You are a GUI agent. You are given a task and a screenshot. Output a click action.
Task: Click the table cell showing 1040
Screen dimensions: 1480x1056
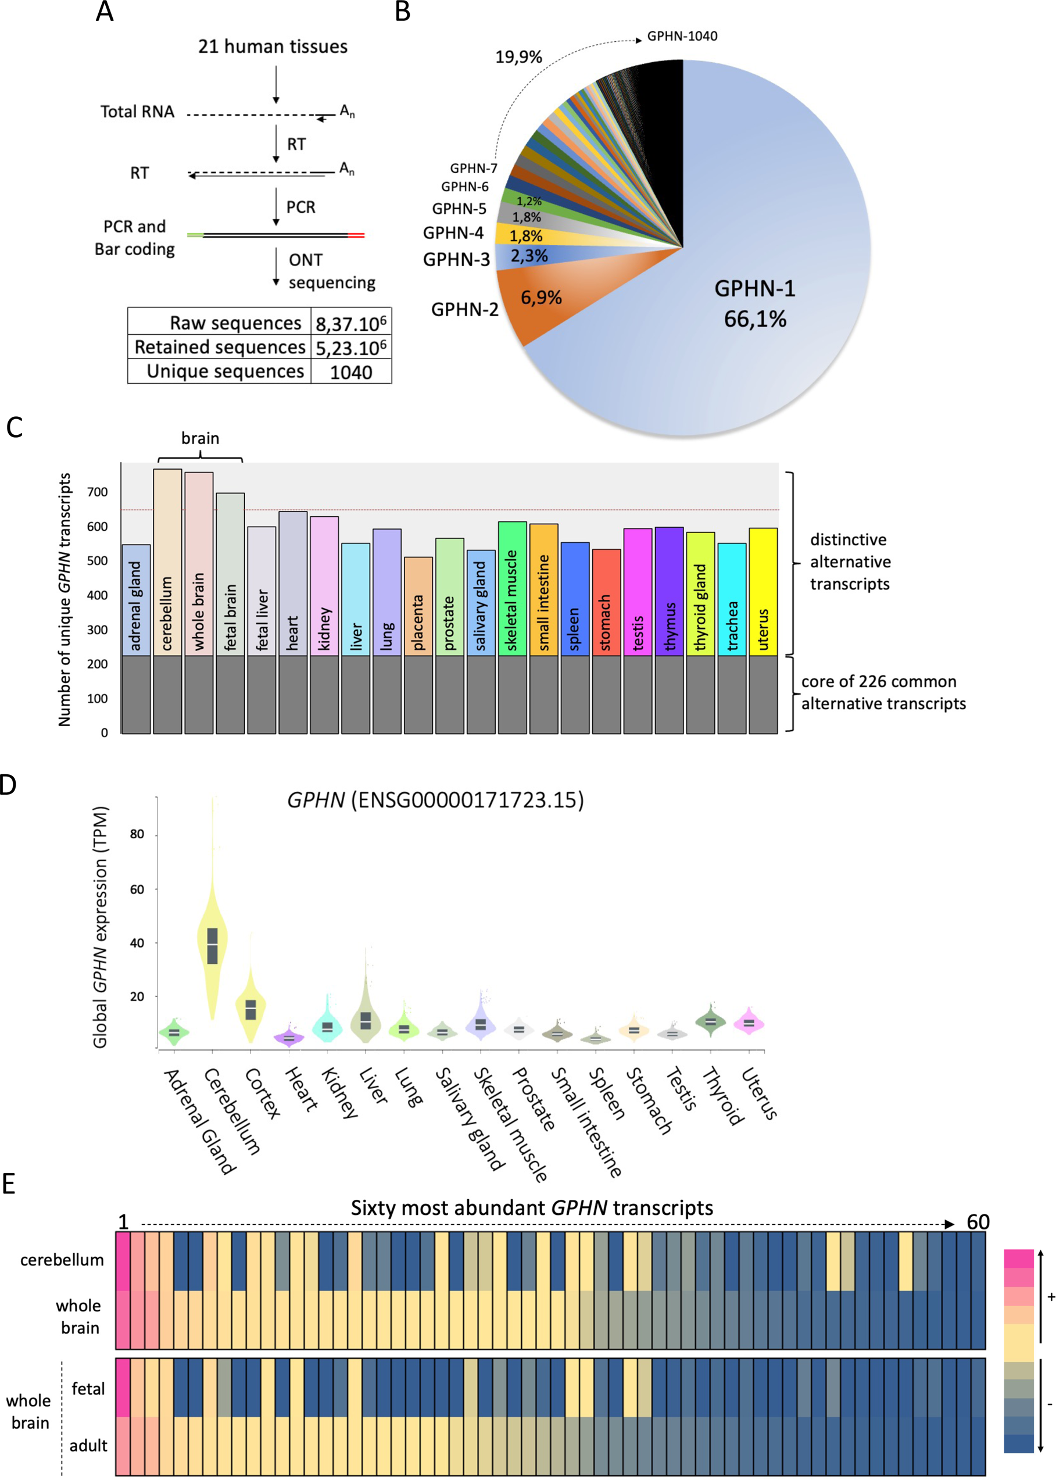tap(350, 372)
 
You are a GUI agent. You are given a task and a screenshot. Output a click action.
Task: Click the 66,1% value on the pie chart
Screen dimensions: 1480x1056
tap(755, 319)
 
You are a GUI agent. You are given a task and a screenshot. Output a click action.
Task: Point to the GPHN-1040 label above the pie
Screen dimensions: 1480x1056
tap(682, 37)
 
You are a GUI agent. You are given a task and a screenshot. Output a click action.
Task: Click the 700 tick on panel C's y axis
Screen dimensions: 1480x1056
tap(98, 492)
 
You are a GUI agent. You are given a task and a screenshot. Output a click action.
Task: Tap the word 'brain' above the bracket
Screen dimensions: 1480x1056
tap(201, 438)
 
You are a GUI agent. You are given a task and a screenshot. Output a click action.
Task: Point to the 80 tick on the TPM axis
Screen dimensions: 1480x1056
tap(137, 834)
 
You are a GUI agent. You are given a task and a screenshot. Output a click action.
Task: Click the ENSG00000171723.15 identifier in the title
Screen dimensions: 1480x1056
tap(467, 800)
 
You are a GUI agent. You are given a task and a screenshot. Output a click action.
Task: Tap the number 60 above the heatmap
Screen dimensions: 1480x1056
tap(978, 1222)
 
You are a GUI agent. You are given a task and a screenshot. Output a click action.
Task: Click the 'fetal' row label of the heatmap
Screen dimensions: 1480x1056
tap(88, 1388)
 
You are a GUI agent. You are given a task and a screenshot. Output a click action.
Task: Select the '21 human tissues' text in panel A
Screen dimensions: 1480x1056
tap(273, 47)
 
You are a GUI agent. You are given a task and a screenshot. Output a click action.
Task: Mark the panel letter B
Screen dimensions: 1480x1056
tap(403, 12)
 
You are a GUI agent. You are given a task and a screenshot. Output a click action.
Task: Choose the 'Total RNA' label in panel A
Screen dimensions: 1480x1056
tap(137, 112)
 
